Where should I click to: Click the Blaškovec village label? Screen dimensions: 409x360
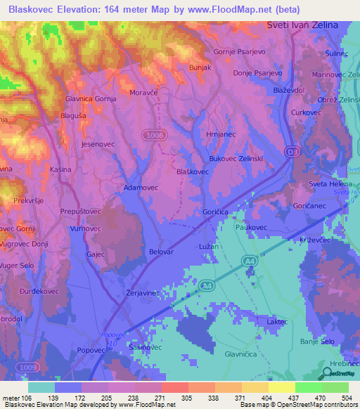coord(192,171)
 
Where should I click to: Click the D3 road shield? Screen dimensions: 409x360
coord(292,151)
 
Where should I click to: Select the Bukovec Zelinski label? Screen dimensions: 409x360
coord(236,159)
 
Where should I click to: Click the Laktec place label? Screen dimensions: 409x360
coord(278,322)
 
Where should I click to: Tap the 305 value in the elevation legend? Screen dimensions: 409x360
coord(186,396)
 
